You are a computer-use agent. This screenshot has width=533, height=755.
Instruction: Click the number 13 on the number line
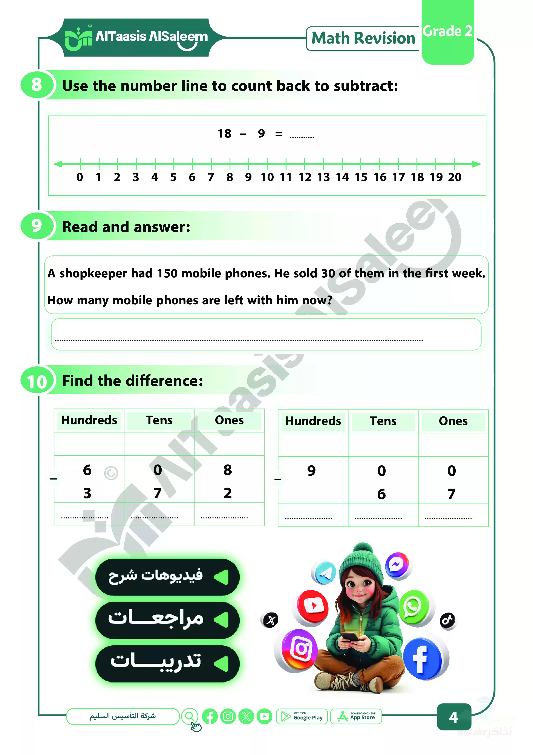(323, 178)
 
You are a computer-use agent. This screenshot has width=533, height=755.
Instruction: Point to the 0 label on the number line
(80, 178)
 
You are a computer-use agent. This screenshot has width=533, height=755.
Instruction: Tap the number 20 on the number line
(455, 178)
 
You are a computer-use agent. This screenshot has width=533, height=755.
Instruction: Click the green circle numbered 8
(37, 85)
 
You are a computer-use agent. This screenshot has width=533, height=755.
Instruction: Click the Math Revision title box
(363, 39)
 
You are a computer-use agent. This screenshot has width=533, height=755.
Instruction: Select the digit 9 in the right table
(311, 471)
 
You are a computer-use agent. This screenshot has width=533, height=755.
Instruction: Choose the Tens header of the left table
(159, 420)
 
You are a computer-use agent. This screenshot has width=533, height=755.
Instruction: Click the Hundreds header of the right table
(313, 421)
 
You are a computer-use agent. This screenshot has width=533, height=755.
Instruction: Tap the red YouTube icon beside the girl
(313, 606)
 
